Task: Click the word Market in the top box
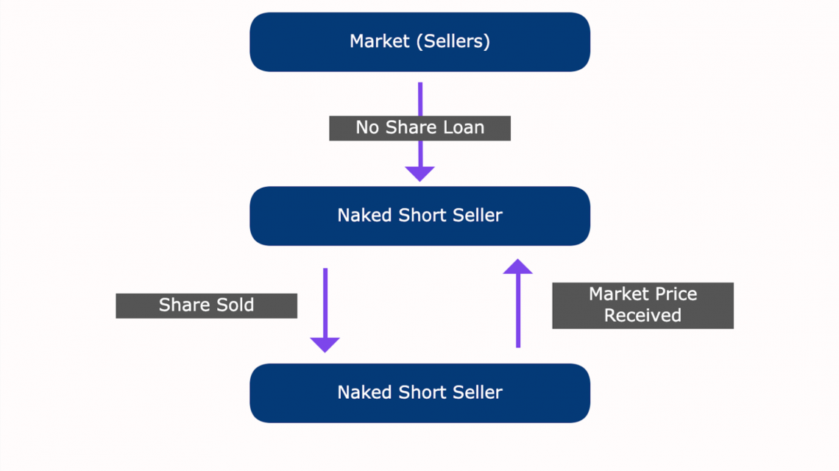coord(379,41)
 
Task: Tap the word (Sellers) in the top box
coord(453,41)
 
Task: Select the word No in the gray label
coord(367,127)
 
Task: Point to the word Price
coord(673,294)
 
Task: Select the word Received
coord(642,316)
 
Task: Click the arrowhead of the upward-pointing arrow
coord(517,266)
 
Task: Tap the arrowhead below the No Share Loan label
coord(419,174)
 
